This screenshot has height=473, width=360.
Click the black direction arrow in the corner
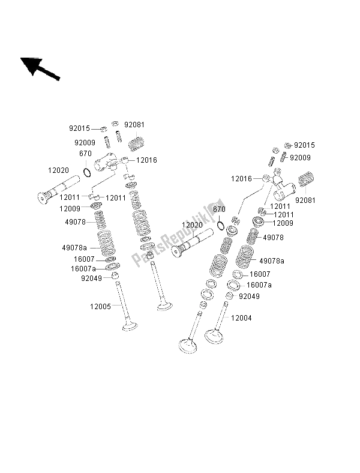pos(40,69)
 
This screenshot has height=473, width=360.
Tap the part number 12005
pos(100,307)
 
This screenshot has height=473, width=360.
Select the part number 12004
pos(241,318)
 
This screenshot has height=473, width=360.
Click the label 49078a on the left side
pos(74,248)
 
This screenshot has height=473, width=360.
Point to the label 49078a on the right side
pos(272,261)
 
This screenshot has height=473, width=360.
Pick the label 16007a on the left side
pos(83,268)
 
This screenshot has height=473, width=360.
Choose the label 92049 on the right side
pos(249,297)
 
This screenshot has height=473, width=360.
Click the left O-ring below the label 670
pos(87,172)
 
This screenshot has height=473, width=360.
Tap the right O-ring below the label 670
pos(221,225)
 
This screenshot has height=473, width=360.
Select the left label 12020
pos(58,170)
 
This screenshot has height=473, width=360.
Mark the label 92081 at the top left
pos(134,125)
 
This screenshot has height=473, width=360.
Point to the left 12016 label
pos(146,160)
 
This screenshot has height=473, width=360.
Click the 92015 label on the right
pos(304,145)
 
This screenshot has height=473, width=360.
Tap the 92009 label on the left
pos(85,142)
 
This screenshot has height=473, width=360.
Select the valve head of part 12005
pos(130,327)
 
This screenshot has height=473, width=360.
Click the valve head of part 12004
pos(214,336)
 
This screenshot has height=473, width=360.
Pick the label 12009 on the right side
pos(283,223)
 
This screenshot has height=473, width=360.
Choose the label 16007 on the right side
pos(260,274)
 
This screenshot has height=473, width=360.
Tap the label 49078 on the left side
pos(76,222)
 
